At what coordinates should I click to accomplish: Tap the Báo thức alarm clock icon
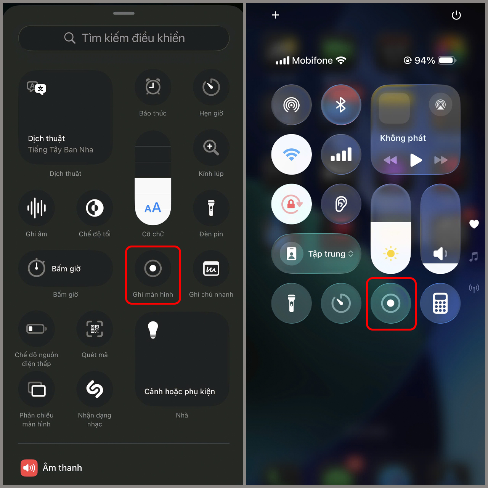(153, 87)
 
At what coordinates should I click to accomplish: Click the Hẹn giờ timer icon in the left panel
(211, 87)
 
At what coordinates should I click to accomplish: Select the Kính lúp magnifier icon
(211, 148)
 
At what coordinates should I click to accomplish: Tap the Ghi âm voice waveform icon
(37, 208)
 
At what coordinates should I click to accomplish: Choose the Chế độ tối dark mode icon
(95, 208)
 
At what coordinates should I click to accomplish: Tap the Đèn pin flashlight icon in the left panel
(211, 208)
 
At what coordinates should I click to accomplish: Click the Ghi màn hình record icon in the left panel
(153, 268)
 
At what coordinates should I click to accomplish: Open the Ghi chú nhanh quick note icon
(211, 268)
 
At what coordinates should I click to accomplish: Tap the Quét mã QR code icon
(95, 329)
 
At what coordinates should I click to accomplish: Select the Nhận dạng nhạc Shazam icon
(95, 389)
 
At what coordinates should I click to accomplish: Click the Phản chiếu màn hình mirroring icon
(37, 389)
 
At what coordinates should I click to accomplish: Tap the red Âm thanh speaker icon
(29, 468)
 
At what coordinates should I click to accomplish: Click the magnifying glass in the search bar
(70, 38)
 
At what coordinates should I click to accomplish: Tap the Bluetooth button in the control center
(341, 105)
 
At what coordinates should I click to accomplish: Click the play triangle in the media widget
(416, 160)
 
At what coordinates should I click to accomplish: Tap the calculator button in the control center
(440, 303)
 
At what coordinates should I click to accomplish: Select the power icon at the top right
(456, 15)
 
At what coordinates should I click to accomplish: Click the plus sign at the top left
(276, 15)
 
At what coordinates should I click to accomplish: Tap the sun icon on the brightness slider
(391, 254)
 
